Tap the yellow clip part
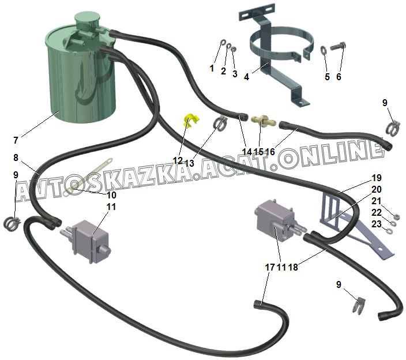pyautogui.click(x=190, y=120)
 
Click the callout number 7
pyautogui.click(x=16, y=140)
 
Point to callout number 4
pyautogui.click(x=246, y=76)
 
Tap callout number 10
pyautogui.click(x=111, y=195)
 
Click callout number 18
pyautogui.click(x=292, y=267)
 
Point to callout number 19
pyautogui.click(x=376, y=177)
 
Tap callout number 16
pyautogui.click(x=270, y=152)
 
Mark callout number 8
pyautogui.click(x=16, y=157)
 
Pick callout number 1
pyautogui.click(x=212, y=68)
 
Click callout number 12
pyautogui.click(x=177, y=160)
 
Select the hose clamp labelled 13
pyautogui.click(x=220, y=123)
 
